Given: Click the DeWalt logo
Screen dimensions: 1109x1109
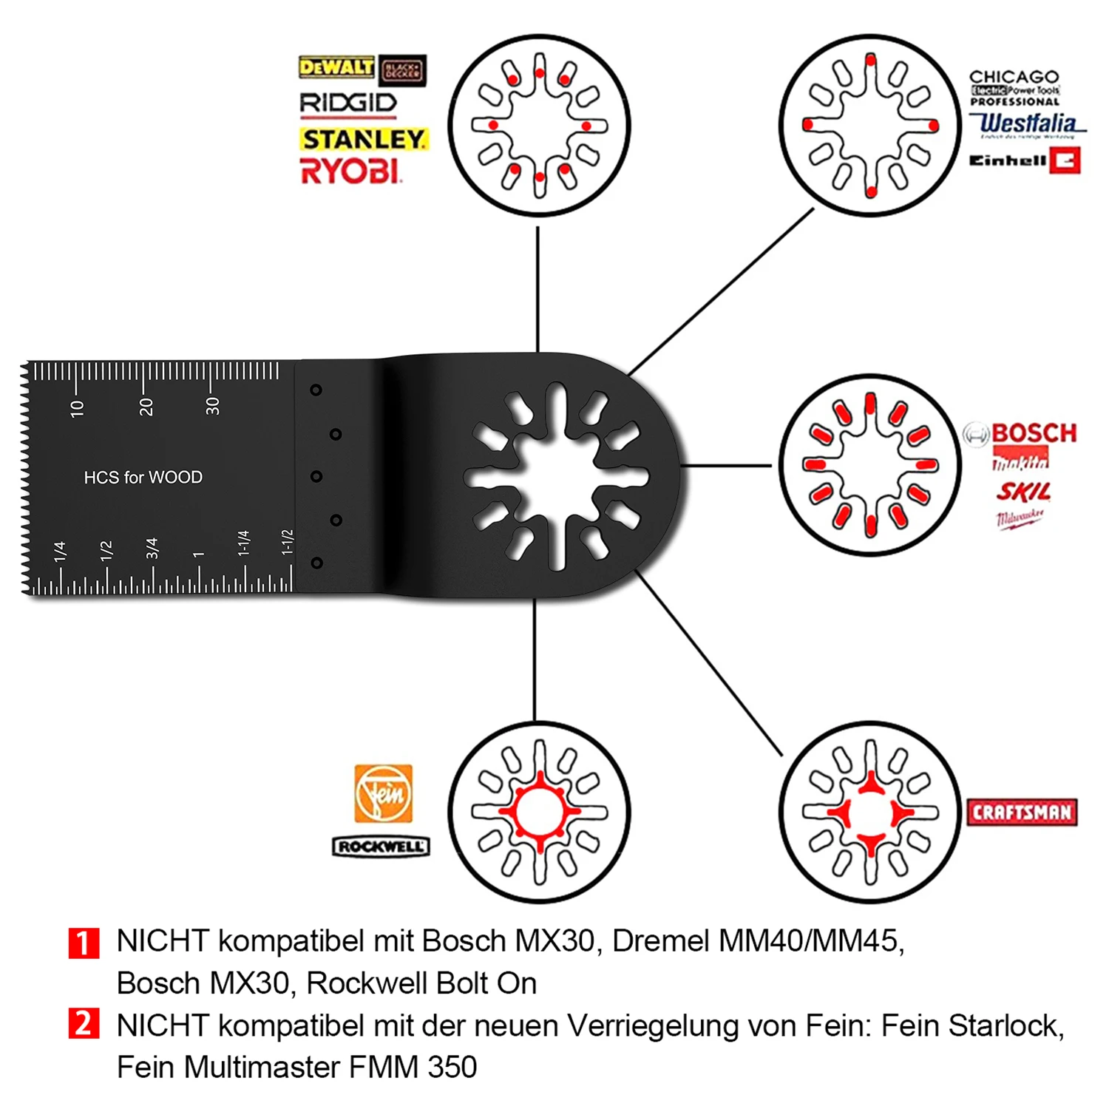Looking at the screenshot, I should (336, 67).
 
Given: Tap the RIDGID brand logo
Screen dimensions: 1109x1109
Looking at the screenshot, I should (348, 104).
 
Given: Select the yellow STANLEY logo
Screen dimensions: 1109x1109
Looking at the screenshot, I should (364, 139).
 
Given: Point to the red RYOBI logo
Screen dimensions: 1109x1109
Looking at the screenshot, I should (350, 172).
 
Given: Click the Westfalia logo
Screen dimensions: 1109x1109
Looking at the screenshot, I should (1028, 123).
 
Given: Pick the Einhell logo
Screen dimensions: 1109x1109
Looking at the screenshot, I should (1025, 160).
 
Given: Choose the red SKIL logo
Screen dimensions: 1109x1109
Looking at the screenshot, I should (1023, 492).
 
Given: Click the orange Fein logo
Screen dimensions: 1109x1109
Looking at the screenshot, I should (383, 793).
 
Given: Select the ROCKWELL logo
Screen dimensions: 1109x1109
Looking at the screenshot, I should (381, 847).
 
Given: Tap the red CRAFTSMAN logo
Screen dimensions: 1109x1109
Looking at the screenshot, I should (1022, 813).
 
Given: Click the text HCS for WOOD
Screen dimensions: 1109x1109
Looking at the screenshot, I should (143, 478).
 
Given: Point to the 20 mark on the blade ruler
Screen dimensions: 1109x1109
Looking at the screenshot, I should (146, 406).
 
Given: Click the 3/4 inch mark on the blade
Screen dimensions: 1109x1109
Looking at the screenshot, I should (152, 548).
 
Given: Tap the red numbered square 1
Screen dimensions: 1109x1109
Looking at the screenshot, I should (84, 943).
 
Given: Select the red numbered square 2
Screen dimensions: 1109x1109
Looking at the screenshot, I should (84, 1024).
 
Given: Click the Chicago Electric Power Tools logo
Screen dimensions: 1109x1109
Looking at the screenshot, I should (1014, 88).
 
